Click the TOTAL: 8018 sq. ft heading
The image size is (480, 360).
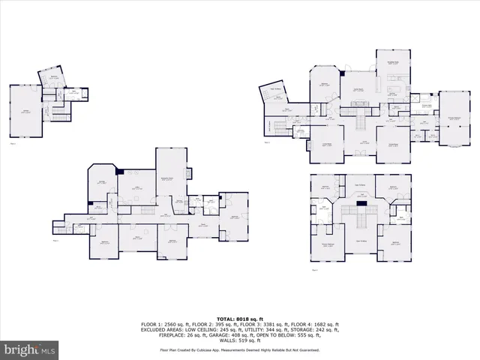tap(240, 319)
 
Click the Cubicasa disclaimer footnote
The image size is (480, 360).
tap(240, 349)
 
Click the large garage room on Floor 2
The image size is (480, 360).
tap(27, 112)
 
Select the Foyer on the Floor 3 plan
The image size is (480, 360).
tap(363, 143)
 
